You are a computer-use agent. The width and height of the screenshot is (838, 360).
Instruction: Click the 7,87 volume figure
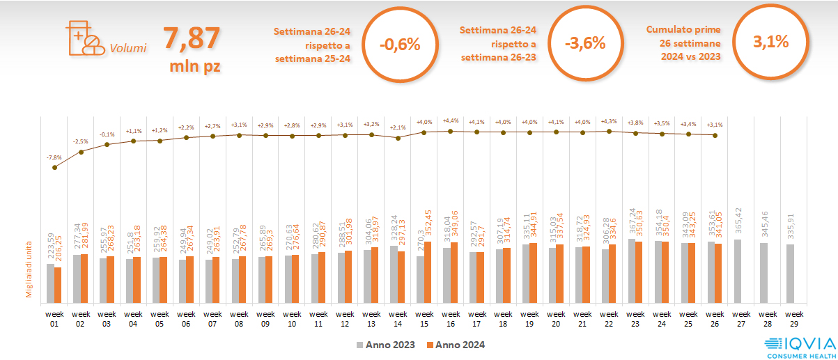pyautogui.click(x=191, y=39)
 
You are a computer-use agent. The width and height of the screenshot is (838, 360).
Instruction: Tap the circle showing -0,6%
pyautogui.click(x=400, y=44)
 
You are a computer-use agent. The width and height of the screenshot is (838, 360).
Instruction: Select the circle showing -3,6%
pyautogui.click(x=585, y=44)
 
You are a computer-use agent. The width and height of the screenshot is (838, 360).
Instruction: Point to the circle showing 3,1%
pyautogui.click(x=770, y=42)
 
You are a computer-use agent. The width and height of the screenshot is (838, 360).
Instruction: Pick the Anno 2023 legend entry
pyautogui.click(x=386, y=345)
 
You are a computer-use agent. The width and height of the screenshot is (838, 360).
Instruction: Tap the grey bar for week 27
pyautogui.click(x=738, y=272)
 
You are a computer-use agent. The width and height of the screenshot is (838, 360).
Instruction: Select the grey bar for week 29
pyautogui.click(x=791, y=274)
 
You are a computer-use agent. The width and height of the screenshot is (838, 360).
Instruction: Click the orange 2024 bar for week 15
pyautogui.click(x=428, y=272)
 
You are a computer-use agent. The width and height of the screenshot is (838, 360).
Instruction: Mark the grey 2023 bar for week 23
pyautogui.click(x=632, y=271)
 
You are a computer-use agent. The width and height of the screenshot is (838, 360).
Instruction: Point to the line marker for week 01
pyautogui.click(x=54, y=167)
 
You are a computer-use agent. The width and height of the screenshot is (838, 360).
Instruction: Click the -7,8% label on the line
pyautogui.click(x=54, y=158)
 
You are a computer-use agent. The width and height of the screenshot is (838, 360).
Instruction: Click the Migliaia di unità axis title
pyautogui.click(x=29, y=270)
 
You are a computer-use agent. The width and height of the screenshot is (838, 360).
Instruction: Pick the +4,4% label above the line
pyautogui.click(x=451, y=121)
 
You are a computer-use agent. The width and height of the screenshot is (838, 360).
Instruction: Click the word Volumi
pyautogui.click(x=128, y=49)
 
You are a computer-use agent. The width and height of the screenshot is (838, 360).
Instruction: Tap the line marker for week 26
pyautogui.click(x=715, y=135)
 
